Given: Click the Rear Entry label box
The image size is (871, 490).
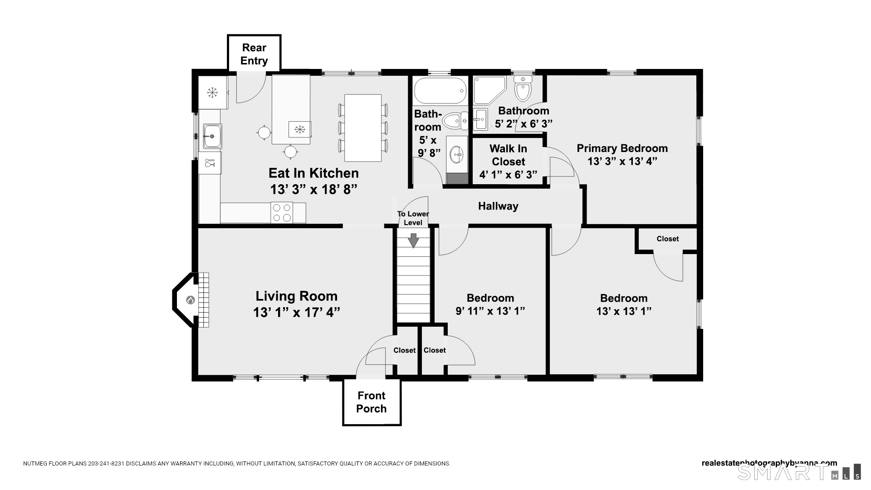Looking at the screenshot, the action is pyautogui.click(x=254, y=54).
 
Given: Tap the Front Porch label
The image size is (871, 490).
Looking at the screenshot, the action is pyautogui.click(x=372, y=402).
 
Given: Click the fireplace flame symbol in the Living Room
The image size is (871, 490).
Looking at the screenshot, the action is pyautogui.click(x=191, y=300).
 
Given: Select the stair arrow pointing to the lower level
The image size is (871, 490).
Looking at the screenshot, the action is pyautogui.click(x=413, y=240).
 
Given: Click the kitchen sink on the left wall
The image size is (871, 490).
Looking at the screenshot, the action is pyautogui.click(x=212, y=136).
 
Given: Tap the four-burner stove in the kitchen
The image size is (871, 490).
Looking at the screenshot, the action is pyautogui.click(x=282, y=213).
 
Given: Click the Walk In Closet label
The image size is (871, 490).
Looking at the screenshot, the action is pyautogui.click(x=509, y=155).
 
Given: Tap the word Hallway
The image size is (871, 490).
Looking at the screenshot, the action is pyautogui.click(x=498, y=206).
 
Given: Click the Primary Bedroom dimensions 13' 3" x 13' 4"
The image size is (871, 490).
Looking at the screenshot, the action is pyautogui.click(x=622, y=161).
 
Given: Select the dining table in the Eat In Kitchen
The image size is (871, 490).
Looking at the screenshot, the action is pyautogui.click(x=362, y=128).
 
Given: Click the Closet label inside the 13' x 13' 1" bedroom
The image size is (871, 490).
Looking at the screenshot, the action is pyautogui.click(x=668, y=239).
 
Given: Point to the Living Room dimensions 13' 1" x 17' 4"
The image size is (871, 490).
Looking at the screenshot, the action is pyautogui.click(x=297, y=312).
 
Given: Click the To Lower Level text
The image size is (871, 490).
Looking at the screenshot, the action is pyautogui.click(x=413, y=218).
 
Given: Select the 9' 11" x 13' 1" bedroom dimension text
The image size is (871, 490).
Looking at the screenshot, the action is pyautogui.click(x=490, y=311).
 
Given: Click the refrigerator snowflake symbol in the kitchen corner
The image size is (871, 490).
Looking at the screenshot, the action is pyautogui.click(x=212, y=93).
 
